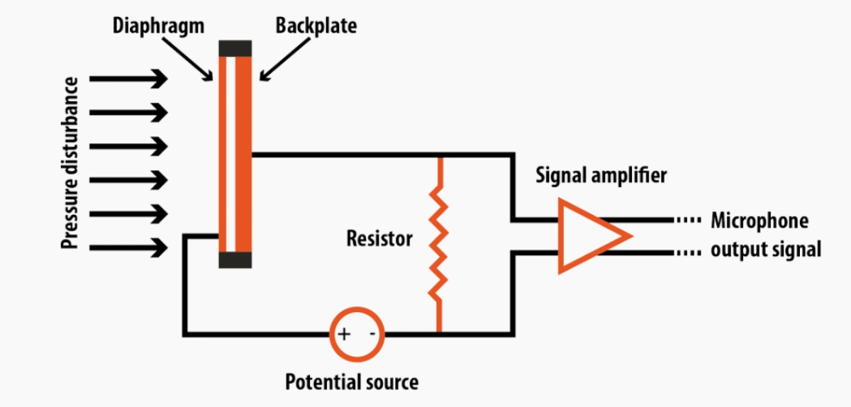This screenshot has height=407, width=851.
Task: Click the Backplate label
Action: (x=316, y=27)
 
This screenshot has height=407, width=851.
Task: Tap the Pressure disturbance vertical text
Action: (x=69, y=163)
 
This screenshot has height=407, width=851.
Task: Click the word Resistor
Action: (x=379, y=238)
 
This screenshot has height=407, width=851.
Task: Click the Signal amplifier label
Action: (x=601, y=174)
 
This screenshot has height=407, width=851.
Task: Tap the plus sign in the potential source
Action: (x=343, y=333)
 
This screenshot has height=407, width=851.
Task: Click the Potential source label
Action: (x=352, y=383)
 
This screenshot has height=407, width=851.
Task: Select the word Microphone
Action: (x=760, y=221)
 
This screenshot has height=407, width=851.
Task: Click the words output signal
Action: (x=766, y=250)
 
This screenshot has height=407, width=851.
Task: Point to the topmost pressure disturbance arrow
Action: (x=128, y=79)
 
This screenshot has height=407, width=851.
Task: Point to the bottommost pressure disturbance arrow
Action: (x=128, y=248)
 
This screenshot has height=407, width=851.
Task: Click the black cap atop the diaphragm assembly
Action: (x=235, y=48)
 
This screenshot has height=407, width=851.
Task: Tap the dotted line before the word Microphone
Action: (x=688, y=221)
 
